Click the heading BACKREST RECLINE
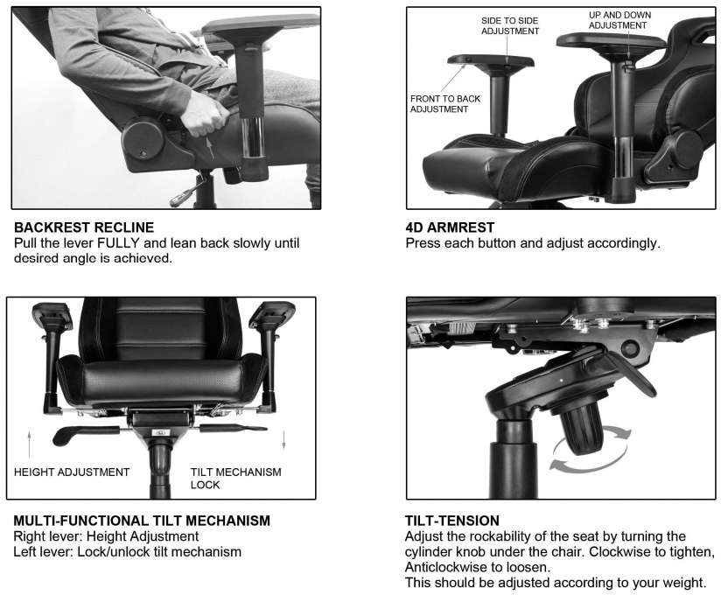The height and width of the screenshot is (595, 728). tap(84, 227)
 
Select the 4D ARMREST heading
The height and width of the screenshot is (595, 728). tap(450, 227)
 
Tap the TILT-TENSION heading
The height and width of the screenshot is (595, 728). tap(452, 521)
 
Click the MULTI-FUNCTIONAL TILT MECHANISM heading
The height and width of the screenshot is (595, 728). tap(142, 521)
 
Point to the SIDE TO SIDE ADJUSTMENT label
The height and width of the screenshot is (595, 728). tap(510, 26)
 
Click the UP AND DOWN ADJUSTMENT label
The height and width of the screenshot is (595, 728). tap(619, 20)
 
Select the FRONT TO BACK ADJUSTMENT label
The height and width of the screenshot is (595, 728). tap(445, 104)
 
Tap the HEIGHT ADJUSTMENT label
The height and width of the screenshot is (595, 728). tap(72, 472)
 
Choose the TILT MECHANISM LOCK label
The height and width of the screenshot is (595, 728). tap(235, 479)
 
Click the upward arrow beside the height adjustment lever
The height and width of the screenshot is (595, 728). tap(29, 444)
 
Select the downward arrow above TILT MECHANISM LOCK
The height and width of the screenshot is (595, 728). tap(283, 439)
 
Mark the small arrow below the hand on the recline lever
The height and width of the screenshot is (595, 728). tap(210, 147)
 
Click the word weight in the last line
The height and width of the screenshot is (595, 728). tap(682, 583)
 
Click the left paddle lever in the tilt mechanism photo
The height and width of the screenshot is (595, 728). tap(87, 434)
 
